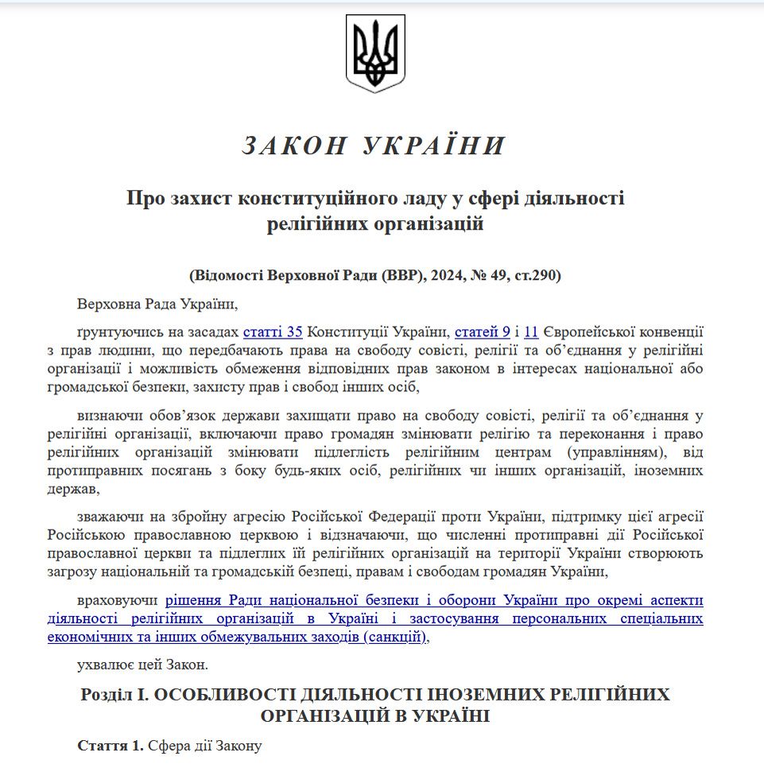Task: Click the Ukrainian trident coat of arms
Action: coord(375,54)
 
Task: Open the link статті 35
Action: coord(273,332)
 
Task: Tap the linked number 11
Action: coord(532,332)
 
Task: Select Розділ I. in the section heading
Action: coord(114,694)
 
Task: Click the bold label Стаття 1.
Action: coord(111,747)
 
